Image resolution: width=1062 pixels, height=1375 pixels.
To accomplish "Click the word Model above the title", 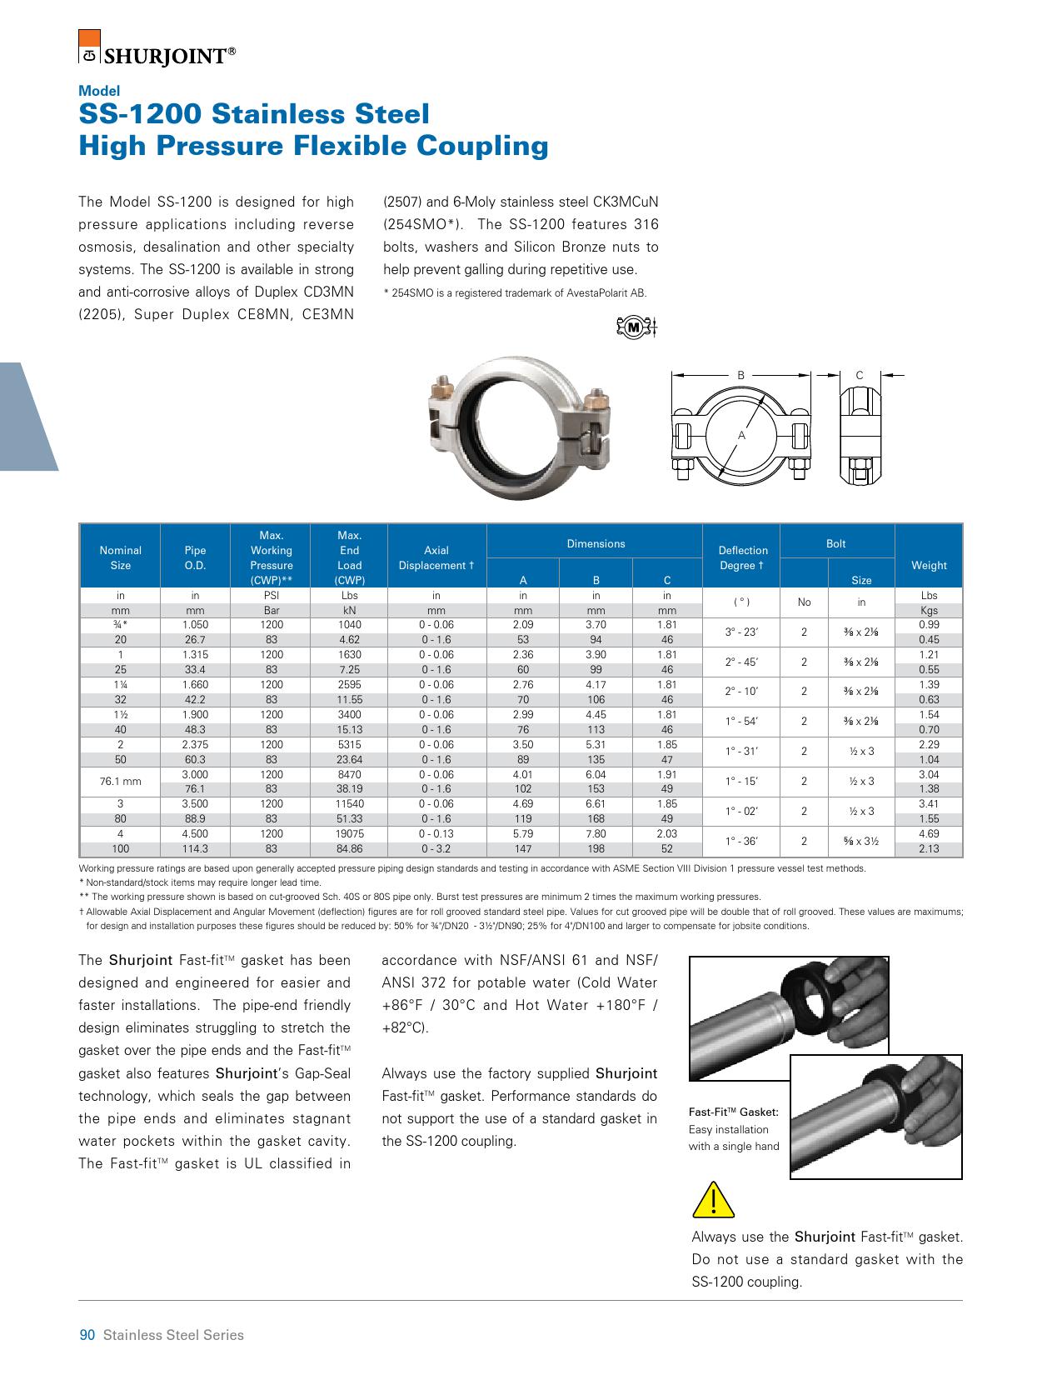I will point(99,91).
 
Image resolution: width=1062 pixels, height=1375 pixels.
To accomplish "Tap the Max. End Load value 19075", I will point(349,833).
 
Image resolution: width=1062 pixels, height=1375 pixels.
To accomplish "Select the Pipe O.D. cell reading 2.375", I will point(195,744).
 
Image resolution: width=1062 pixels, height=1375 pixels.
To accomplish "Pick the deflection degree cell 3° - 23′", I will point(741,632).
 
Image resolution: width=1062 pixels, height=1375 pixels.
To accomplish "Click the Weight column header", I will point(929,565).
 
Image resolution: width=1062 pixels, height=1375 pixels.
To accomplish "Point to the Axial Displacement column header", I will point(436,557).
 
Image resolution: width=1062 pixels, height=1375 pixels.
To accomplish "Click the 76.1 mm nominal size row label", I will point(120,782).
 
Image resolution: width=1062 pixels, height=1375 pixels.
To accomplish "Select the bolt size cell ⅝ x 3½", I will point(861,842).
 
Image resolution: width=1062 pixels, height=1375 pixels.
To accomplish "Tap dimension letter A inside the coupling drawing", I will point(741,436).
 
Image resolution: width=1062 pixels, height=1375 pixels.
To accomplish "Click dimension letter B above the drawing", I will point(740,376).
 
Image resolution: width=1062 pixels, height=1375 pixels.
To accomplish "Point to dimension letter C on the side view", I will point(860,376).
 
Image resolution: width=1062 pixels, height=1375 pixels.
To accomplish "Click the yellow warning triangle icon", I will point(714,1200).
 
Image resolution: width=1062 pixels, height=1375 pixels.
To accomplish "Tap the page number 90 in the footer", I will point(87,1335).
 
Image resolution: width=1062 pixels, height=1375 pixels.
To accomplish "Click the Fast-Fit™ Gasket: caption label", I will point(733,1112).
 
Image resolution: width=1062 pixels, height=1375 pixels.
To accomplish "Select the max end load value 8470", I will point(349,774).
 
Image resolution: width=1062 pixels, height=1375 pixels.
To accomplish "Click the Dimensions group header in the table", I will point(596,543).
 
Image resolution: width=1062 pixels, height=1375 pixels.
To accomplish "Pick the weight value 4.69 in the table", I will point(929,833).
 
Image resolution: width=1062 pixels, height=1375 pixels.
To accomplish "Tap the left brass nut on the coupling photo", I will point(441,387).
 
